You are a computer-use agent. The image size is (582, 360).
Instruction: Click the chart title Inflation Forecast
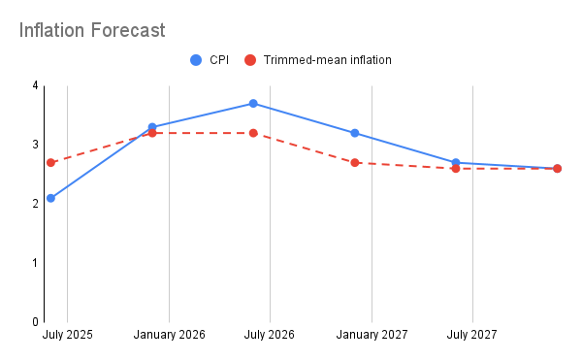point(92,30)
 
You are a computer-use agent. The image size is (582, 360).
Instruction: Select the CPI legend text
point(219,60)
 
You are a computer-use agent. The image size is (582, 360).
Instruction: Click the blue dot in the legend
point(196,60)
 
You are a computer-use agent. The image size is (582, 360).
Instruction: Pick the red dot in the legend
point(249,60)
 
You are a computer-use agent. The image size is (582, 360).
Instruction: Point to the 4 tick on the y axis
point(35,85)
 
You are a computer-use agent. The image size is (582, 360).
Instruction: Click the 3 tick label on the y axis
point(35,145)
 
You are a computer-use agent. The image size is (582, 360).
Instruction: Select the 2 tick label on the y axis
point(35,204)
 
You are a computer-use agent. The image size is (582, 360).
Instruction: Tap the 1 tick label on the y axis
point(35,263)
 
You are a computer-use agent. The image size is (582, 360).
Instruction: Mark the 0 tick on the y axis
point(35,322)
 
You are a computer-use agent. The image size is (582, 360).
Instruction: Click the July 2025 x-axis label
point(68,336)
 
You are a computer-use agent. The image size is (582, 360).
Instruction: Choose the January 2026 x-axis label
point(169,336)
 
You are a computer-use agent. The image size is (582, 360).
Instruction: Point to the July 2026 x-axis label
point(270,336)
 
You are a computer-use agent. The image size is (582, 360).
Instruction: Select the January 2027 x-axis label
point(372,336)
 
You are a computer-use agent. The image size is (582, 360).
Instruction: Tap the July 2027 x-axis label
point(472,336)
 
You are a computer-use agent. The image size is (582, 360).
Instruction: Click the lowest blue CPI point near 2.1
point(50,198)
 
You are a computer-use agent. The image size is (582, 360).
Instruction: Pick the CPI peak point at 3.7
point(253,104)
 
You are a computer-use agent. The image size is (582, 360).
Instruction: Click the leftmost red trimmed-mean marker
point(50,162)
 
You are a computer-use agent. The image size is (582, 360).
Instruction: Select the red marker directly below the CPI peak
point(253,133)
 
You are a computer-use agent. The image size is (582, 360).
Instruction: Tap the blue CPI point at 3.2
point(355,133)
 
